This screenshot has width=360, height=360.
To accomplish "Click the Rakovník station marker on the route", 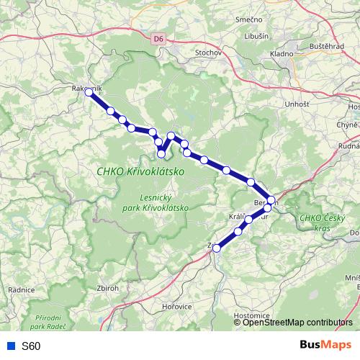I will pyautogui.click(x=89, y=92).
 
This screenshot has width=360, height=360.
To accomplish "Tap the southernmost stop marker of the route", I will pyautogui.click(x=217, y=248).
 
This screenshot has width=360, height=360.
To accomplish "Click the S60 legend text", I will pyautogui.click(x=31, y=346).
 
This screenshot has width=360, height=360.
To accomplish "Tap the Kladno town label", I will pyautogui.click(x=282, y=54).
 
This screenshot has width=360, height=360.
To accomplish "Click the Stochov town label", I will pyautogui.click(x=210, y=53).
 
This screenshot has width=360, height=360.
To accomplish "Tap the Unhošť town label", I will pyautogui.click(x=276, y=105).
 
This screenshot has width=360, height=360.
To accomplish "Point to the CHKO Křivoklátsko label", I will pyautogui.click(x=140, y=172).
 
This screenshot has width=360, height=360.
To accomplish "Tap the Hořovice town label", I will pyautogui.click(x=176, y=306).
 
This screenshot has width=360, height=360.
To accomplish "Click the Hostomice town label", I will pyautogui.click(x=253, y=315).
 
